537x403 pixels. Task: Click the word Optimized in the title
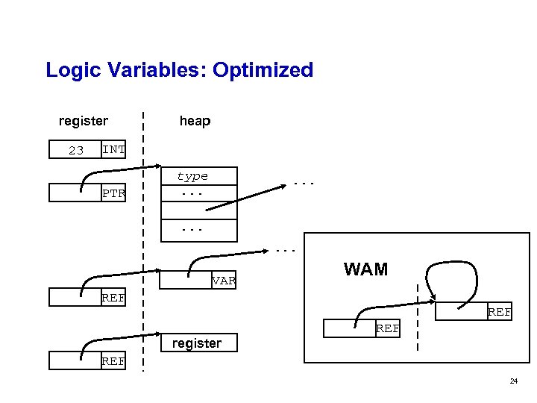pos(263,71)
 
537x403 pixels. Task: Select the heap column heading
pos(195,121)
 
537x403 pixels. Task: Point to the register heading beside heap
pos(84,121)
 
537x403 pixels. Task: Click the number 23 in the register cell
pos(76,151)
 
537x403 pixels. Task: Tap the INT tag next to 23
pos(113,149)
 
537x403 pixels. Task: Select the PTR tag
pos(113,194)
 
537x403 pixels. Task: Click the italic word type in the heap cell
pos(192,177)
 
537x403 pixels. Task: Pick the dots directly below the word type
pos(192,193)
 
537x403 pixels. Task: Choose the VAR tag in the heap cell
pos(223,281)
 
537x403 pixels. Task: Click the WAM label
pos(365,269)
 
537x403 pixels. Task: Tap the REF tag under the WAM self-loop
pos(499,313)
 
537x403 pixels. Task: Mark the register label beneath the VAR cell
pos(197,343)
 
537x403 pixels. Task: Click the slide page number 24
pos(513,381)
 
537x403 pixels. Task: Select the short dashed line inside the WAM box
pos(417,317)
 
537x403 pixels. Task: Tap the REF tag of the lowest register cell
pos(113,362)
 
